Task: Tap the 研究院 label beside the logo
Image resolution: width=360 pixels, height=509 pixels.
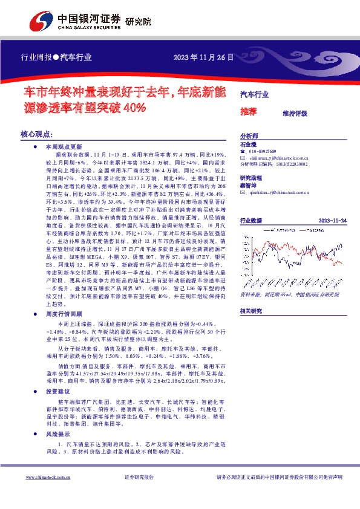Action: pos(138,22)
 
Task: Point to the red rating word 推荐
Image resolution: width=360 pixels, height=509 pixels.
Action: pos(249,112)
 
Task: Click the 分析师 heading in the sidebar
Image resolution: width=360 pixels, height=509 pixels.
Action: pos(249,137)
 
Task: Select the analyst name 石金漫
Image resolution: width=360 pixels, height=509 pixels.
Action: pos(249,145)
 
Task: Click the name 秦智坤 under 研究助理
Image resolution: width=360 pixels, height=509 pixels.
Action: pos(249,187)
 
